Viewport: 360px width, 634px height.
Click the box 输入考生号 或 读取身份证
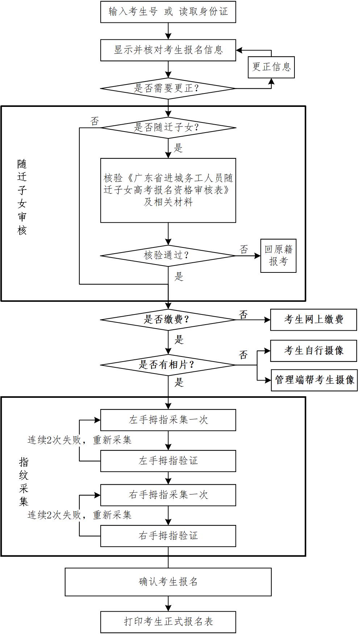(168, 12)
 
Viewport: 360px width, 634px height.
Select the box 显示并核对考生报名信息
(168, 50)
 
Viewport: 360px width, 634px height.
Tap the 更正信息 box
(271, 67)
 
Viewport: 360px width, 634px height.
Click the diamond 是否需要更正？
(168, 88)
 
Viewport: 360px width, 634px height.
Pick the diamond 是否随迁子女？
(168, 128)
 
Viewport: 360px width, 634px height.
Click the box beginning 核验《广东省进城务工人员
(168, 190)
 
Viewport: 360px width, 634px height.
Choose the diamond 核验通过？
(168, 255)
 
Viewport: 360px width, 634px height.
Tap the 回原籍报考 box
(278, 255)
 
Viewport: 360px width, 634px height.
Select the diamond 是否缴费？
(168, 320)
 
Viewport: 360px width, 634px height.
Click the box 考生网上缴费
(313, 320)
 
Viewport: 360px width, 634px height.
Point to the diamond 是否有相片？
(168, 365)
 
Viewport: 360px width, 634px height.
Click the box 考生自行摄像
(313, 351)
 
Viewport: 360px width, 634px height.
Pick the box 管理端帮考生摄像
(314, 380)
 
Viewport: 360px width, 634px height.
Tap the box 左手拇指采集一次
(168, 420)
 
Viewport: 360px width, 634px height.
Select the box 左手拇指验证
(168, 461)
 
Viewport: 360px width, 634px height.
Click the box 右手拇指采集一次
(168, 495)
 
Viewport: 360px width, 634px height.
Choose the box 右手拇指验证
(168, 536)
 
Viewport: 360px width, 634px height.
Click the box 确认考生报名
(168, 582)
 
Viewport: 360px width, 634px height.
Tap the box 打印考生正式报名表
(168, 622)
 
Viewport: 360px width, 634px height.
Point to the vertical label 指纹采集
(24, 481)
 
